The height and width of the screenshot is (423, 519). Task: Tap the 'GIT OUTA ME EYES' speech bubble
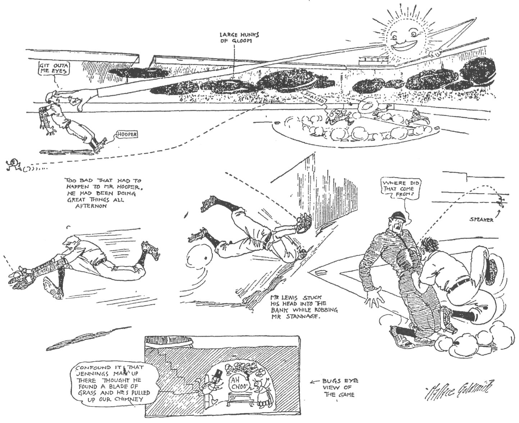tap(54, 68)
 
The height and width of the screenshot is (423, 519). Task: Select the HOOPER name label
tap(127, 134)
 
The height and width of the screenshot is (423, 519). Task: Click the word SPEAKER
tap(481, 220)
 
